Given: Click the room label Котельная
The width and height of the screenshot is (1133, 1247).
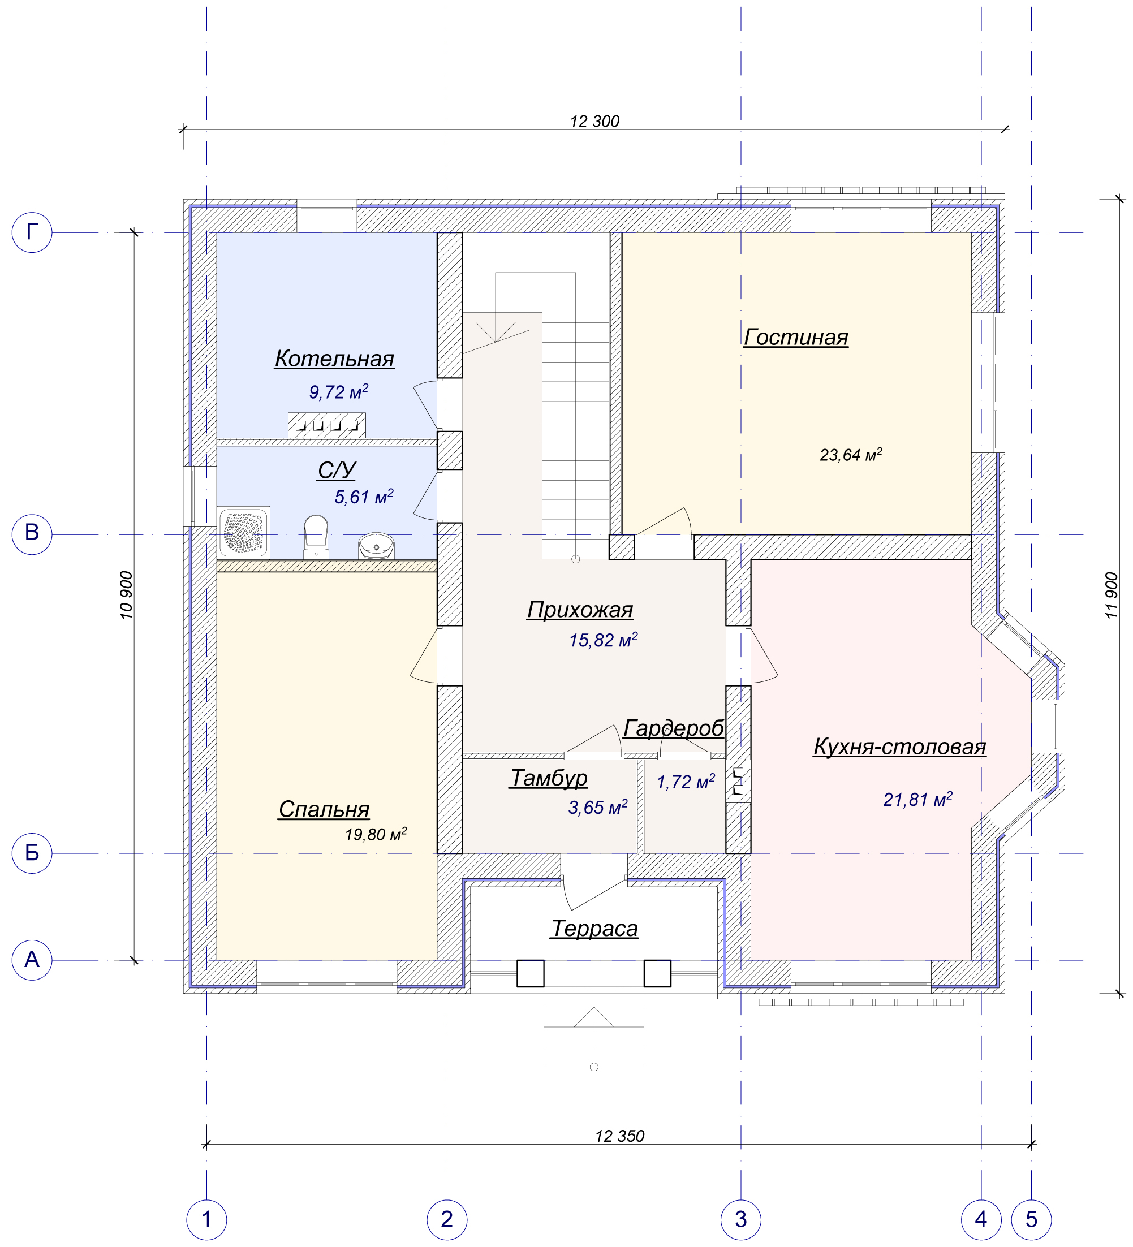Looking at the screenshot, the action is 334,359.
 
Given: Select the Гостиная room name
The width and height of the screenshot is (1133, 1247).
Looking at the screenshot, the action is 796,337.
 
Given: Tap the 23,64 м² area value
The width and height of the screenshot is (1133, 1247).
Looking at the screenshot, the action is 851,455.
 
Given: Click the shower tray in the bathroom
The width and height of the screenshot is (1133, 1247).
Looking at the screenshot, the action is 243,533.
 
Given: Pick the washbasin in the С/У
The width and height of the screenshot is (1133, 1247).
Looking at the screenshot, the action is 376,546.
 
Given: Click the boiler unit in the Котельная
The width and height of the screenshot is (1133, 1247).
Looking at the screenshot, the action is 327,425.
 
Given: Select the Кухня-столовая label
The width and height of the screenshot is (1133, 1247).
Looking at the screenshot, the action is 900,747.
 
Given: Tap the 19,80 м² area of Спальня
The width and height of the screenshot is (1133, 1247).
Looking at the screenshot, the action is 376,834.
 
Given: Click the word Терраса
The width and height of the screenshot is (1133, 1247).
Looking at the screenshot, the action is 594,928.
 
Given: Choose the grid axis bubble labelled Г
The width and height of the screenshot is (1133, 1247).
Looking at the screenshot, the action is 32,232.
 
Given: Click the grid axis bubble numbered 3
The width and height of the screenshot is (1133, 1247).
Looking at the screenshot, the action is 740,1219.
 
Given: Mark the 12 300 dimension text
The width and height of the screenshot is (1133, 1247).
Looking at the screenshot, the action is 594,121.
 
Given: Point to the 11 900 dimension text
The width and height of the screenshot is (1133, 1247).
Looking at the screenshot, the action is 1112,595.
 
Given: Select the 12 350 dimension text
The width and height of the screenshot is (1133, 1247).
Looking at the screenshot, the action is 620,1136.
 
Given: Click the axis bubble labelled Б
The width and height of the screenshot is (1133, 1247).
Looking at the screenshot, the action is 32,853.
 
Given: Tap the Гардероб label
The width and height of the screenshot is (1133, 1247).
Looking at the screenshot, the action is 673,728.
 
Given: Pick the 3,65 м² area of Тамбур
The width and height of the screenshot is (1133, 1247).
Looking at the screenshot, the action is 598,807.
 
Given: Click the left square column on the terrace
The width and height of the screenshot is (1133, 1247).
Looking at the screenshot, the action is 531,973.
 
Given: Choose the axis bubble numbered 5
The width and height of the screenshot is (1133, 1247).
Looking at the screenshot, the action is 1031,1219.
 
